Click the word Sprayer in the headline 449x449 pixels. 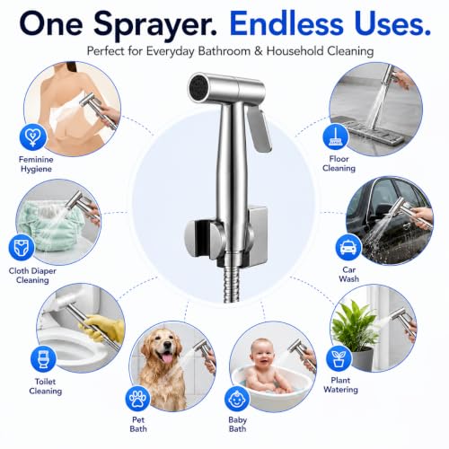point(154,25)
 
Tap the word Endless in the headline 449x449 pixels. point(286,23)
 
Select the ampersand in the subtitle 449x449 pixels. point(259,51)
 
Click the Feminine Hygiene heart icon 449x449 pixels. point(33,137)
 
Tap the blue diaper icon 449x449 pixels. point(22,247)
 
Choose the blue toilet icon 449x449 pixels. point(43,358)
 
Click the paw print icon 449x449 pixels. point(138,399)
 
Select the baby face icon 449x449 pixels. point(237,399)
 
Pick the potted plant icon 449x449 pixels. point(339,358)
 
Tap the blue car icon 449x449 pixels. point(348,247)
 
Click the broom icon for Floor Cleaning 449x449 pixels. point(336,136)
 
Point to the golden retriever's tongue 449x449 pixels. point(166,357)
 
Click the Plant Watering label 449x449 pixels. point(340,384)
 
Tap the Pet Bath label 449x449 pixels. point(138,424)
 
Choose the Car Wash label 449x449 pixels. point(348,274)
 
